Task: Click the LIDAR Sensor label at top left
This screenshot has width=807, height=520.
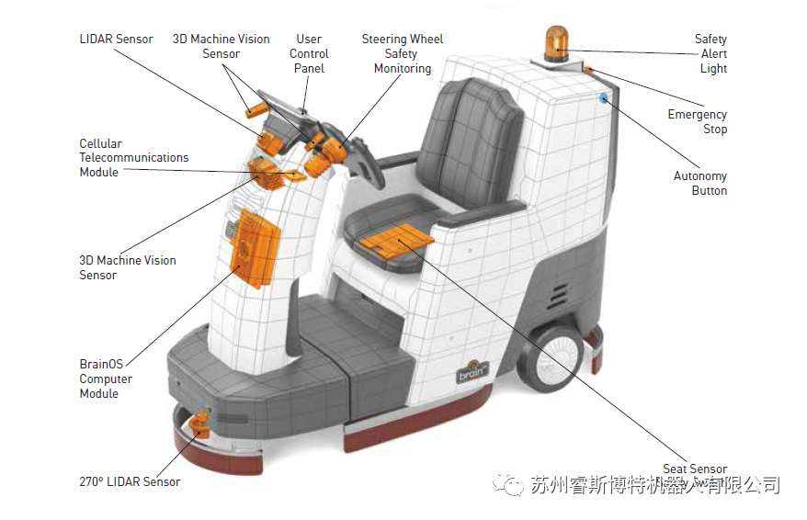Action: [x=116, y=40]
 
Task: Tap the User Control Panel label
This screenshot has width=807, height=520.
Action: [x=309, y=53]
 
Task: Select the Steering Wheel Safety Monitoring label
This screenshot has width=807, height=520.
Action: [x=403, y=53]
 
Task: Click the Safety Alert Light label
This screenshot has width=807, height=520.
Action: [x=711, y=53]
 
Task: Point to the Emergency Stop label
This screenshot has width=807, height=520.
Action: [x=698, y=121]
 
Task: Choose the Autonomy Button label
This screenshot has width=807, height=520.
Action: [x=700, y=183]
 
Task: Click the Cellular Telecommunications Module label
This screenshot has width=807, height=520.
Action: [x=133, y=157]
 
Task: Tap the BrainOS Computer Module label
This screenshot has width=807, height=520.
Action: [x=106, y=379]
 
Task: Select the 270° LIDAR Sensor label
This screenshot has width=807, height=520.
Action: [x=130, y=481]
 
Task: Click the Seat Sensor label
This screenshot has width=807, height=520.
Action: [x=695, y=469]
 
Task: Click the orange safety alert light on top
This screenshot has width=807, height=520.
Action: [x=556, y=42]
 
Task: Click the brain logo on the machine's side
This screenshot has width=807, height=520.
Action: [x=473, y=371]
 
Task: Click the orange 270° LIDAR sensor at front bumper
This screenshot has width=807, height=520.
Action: [x=199, y=424]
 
